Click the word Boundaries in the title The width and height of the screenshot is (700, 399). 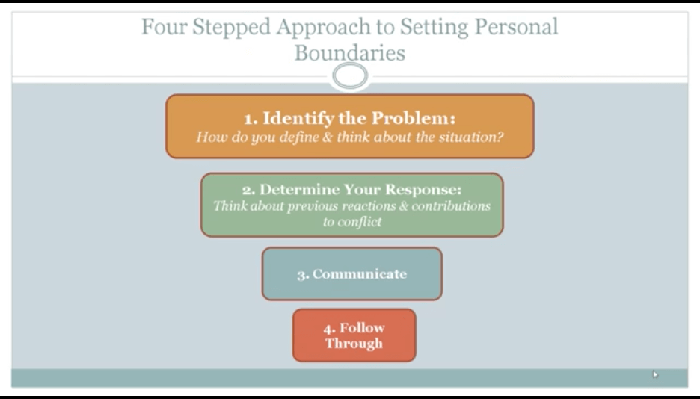(x=350, y=52)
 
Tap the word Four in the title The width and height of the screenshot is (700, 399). (x=165, y=27)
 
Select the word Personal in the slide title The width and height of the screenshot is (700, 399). (x=516, y=27)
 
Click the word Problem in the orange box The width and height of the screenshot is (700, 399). (x=414, y=118)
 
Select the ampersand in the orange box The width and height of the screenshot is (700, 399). (x=328, y=137)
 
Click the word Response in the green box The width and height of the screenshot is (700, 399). (x=423, y=190)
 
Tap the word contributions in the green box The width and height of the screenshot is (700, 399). (x=451, y=206)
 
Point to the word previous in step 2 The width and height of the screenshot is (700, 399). (x=313, y=206)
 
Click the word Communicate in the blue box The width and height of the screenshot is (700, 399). (x=360, y=273)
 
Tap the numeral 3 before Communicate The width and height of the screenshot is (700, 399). (x=303, y=276)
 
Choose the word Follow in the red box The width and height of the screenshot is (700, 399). (x=362, y=328)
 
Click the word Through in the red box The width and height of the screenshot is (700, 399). (x=354, y=344)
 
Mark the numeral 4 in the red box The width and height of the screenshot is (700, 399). (x=329, y=330)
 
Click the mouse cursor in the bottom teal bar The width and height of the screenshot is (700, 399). (x=655, y=374)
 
